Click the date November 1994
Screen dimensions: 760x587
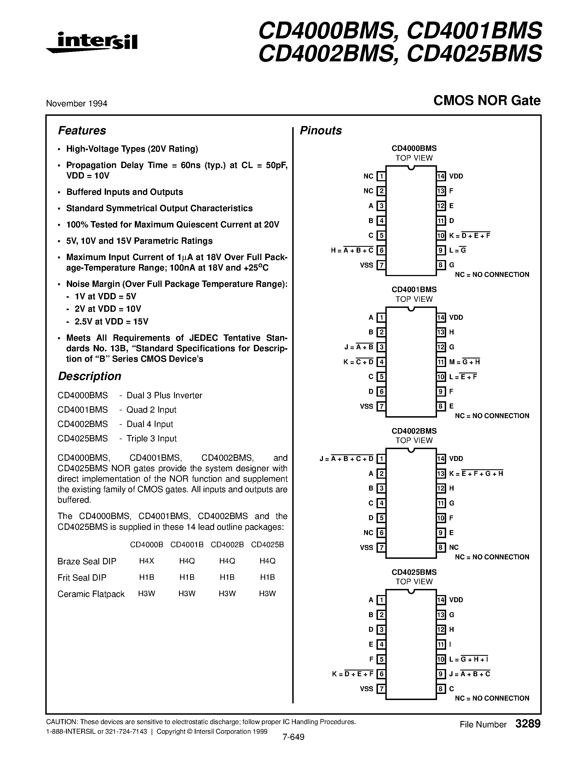77,103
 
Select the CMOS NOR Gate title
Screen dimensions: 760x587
487,101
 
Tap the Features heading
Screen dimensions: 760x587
82,130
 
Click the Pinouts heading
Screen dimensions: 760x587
321,130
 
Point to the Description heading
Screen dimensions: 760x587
90,376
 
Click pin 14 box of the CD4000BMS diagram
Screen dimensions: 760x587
441,176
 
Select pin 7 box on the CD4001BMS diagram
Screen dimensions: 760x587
381,406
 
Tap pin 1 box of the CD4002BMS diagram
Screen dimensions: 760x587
381,459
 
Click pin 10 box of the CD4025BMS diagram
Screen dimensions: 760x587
441,659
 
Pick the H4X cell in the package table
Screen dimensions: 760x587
146,561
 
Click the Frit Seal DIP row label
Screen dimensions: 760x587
82,578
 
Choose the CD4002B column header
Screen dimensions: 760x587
227,545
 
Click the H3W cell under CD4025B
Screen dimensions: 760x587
267,594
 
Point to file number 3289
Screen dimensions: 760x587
528,724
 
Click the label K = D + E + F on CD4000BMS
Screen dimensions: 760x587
469,235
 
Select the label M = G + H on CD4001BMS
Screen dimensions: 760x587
464,362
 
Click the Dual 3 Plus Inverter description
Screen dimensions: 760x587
164,395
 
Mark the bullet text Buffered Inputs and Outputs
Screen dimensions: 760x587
125,192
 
